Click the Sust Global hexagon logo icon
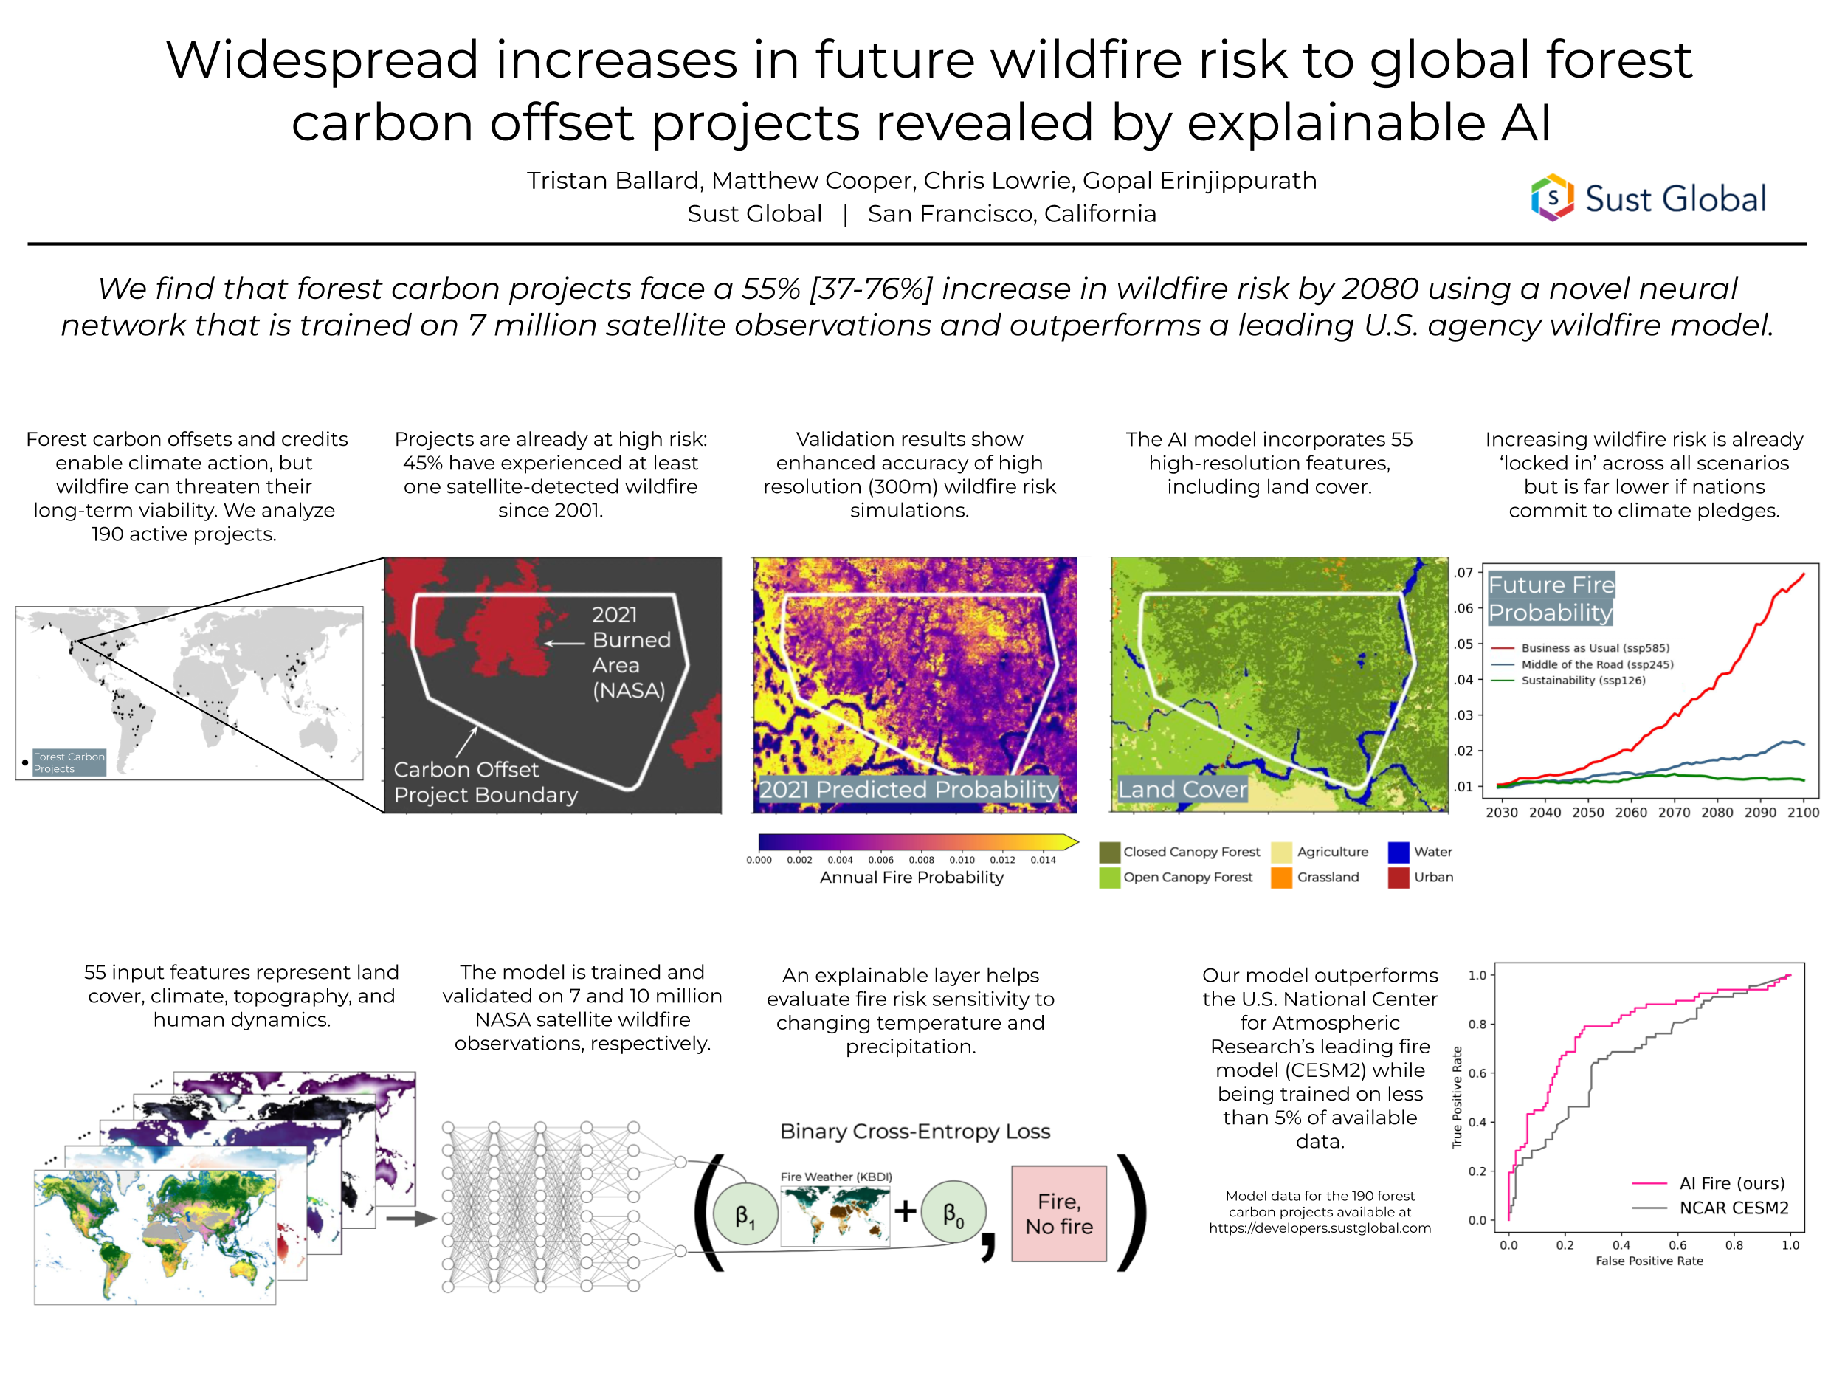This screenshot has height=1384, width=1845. (x=1552, y=198)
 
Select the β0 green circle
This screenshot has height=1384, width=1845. (x=953, y=1213)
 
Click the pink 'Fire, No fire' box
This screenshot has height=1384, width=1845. (x=1058, y=1213)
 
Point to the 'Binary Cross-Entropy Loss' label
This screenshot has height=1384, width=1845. (x=915, y=1132)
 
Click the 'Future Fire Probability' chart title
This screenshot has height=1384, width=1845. (x=1551, y=598)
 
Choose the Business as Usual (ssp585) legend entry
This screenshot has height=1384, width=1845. (x=1594, y=647)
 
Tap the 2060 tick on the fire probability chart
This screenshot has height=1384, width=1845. (x=1631, y=813)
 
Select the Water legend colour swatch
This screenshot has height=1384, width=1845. (x=1399, y=852)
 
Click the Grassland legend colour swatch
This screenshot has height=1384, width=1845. (x=1281, y=878)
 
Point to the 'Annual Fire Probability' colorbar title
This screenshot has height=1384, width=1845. (x=911, y=878)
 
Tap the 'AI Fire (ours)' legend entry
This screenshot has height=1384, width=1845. (x=1731, y=1183)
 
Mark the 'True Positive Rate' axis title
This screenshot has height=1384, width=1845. (x=1457, y=1097)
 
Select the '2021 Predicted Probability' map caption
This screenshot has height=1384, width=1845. (x=908, y=789)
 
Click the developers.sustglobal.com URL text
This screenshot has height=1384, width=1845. (x=1320, y=1228)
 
